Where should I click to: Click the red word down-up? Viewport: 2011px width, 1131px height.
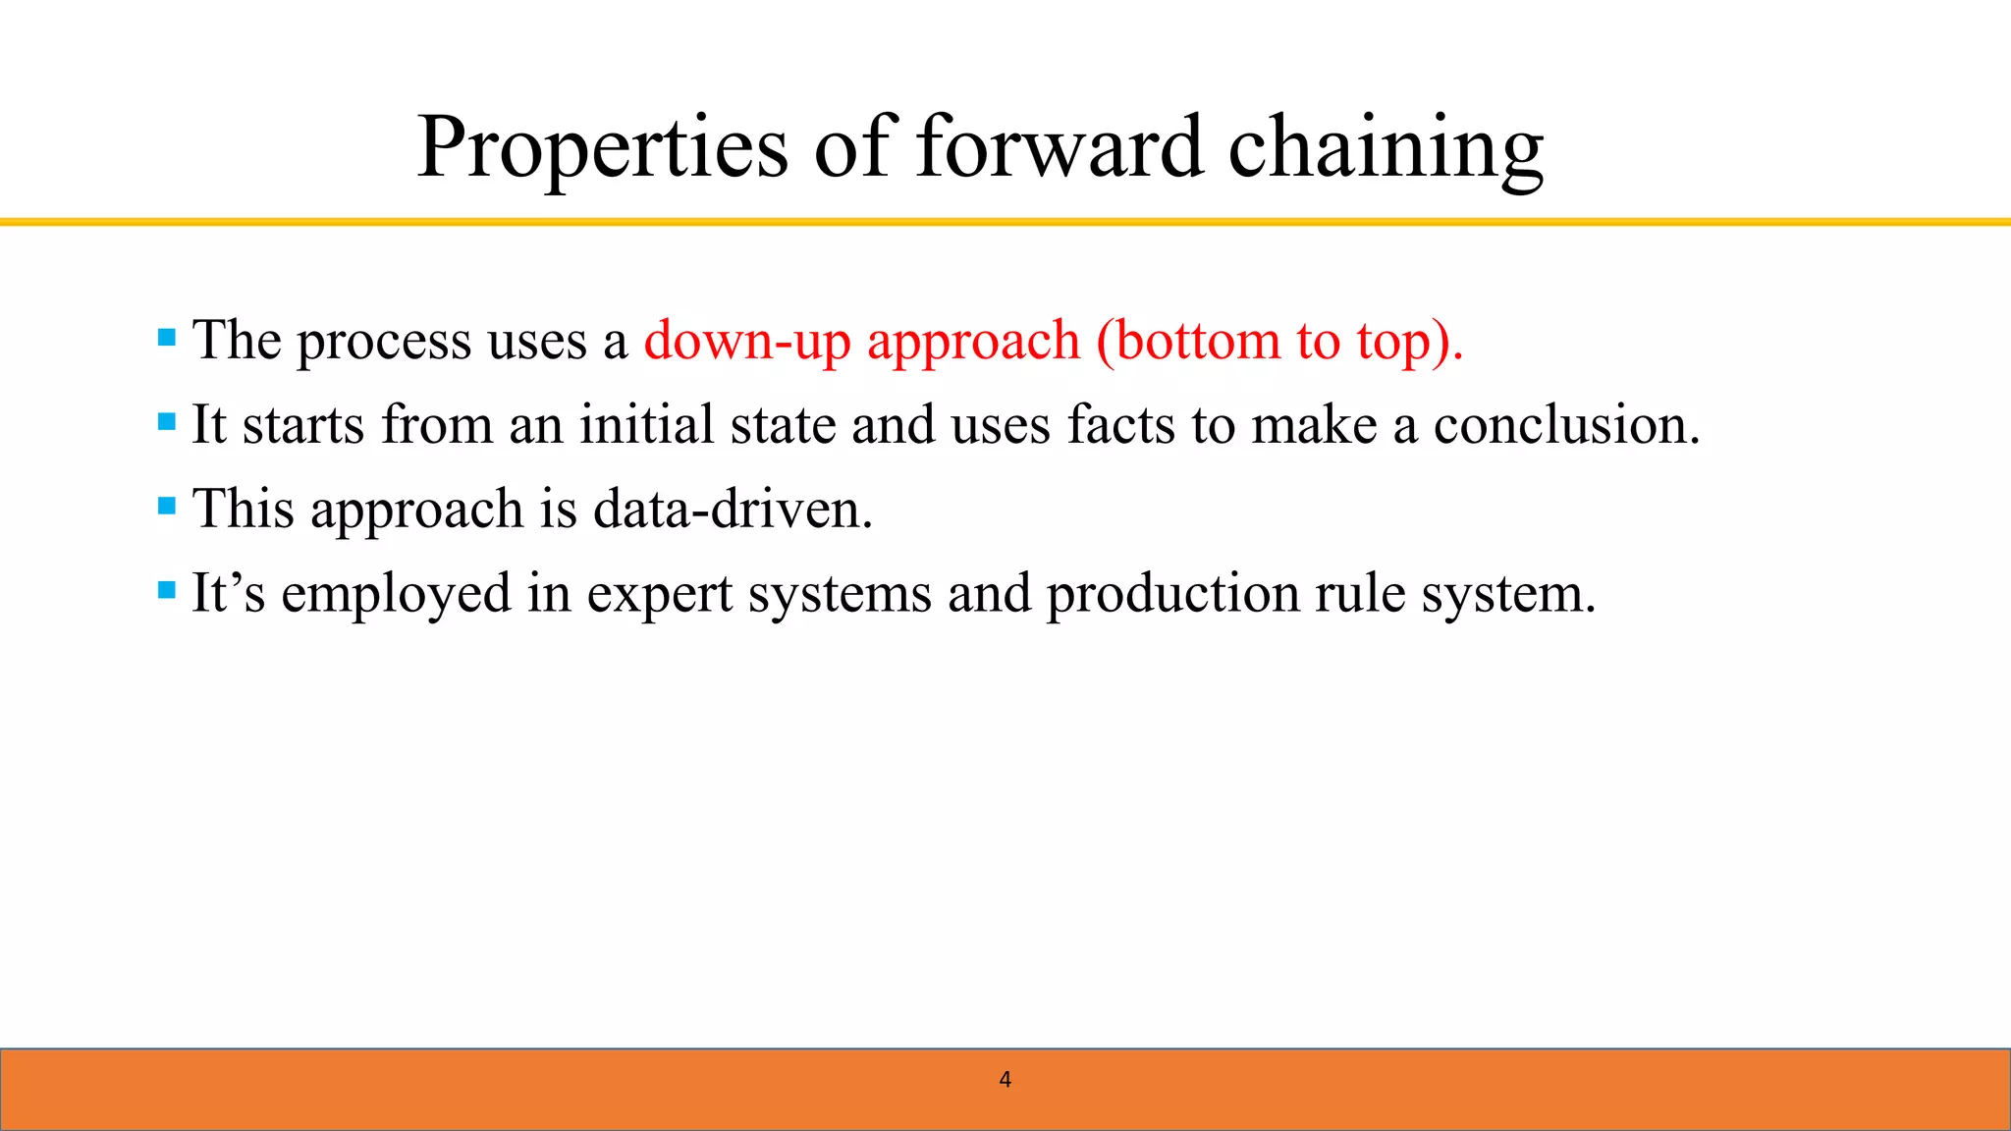tap(746, 342)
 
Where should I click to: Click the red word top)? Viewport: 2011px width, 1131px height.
tap(1410, 342)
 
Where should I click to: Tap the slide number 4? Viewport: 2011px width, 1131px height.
tap(1005, 1080)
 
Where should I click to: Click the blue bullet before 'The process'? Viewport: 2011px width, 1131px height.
tap(167, 339)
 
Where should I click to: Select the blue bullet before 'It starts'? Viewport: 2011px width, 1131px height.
tap(167, 423)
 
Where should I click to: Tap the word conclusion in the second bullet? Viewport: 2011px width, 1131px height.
tap(1566, 425)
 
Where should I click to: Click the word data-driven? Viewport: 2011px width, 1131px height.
tap(733, 510)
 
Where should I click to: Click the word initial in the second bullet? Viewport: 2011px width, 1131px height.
tap(645, 425)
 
